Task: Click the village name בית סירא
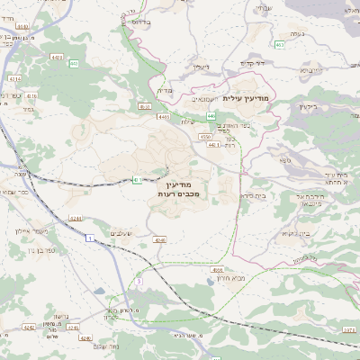tap(253, 195)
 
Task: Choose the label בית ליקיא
tap(298, 233)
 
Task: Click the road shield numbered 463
tap(280, 44)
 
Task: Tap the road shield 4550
tap(206, 137)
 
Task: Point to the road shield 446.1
tap(213, 146)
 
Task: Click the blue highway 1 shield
tap(90, 238)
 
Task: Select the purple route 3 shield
tap(139, 282)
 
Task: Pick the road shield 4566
tap(217, 268)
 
